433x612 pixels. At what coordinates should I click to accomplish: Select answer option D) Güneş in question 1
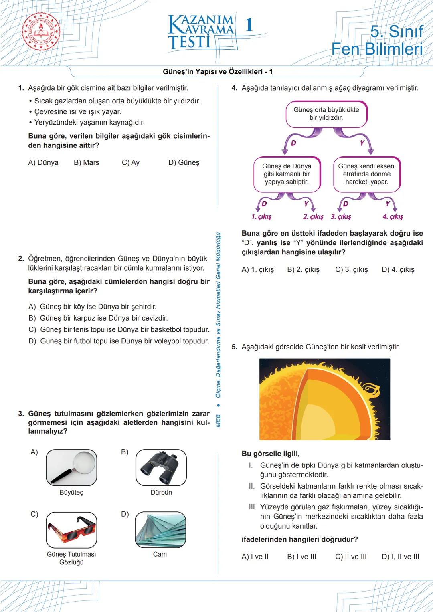pyautogui.click(x=184, y=162)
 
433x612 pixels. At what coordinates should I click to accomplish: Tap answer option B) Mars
pyautogui.click(x=86, y=162)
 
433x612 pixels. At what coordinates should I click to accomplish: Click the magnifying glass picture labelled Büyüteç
pyautogui.click(x=71, y=467)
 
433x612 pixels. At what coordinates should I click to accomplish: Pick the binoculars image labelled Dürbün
pyautogui.click(x=161, y=467)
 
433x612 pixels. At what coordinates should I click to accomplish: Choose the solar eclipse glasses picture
pyautogui.click(x=71, y=529)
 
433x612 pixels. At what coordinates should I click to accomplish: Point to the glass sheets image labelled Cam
pyautogui.click(x=160, y=529)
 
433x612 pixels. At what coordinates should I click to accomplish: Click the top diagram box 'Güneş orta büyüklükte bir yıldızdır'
pyautogui.click(x=326, y=114)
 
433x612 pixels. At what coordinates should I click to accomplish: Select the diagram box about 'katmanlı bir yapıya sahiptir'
pyautogui.click(x=287, y=174)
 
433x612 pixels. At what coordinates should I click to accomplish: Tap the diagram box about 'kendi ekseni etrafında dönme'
pyautogui.click(x=366, y=174)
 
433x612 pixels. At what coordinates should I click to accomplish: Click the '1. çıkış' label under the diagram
pyautogui.click(x=261, y=217)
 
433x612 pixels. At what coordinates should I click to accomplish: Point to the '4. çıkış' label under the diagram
pyautogui.click(x=393, y=217)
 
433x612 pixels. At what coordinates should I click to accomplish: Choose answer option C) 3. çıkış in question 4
pyautogui.click(x=351, y=270)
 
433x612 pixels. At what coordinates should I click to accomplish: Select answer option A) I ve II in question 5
pyautogui.click(x=255, y=557)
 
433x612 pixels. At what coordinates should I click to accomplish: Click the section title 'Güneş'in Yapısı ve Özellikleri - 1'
pyautogui.click(x=218, y=72)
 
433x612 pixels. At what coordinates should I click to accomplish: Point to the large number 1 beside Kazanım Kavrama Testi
pyautogui.click(x=249, y=25)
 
